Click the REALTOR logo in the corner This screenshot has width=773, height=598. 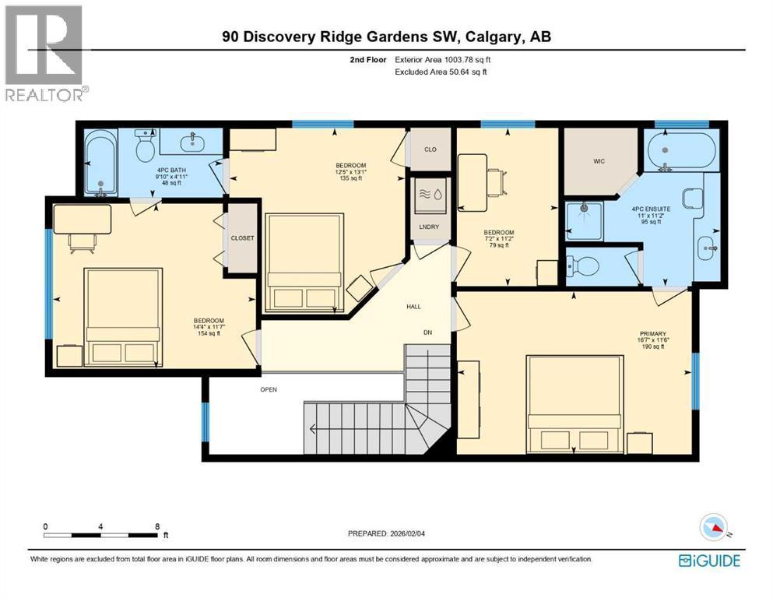tap(44, 53)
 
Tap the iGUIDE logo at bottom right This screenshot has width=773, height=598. tap(709, 561)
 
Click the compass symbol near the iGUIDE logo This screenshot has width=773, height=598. tap(714, 528)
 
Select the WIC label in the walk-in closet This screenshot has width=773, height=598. tap(599, 161)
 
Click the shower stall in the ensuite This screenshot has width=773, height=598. tap(583, 220)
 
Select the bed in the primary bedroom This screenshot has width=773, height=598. tap(575, 402)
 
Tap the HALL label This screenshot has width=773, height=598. tap(414, 307)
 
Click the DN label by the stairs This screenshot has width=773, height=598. tap(427, 333)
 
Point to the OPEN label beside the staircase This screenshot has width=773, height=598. tap(269, 389)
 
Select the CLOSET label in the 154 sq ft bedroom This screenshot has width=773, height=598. tap(242, 238)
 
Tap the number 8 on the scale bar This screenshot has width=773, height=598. tap(158, 526)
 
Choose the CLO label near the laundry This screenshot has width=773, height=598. tap(430, 149)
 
